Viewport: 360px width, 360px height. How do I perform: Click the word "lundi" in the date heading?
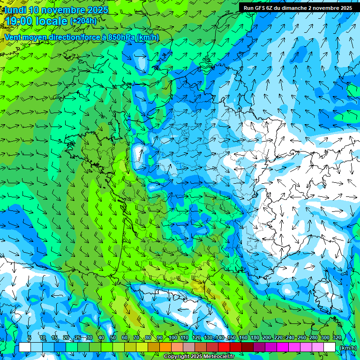[x=15, y=10]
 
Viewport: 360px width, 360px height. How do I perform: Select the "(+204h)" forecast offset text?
[x=83, y=21]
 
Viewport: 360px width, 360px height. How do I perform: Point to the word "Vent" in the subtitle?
[x=13, y=37]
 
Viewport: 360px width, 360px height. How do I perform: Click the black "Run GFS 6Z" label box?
[x=298, y=7]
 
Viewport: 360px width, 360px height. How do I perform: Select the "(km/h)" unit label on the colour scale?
[x=347, y=348]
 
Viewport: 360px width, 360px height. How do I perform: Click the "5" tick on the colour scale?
[x=30, y=338]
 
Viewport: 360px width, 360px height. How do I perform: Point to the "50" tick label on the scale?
[x=113, y=338]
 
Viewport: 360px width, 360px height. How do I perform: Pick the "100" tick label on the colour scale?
[x=173, y=338]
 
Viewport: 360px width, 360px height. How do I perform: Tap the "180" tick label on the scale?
[x=255, y=338]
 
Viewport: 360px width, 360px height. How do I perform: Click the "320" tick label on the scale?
[x=337, y=338]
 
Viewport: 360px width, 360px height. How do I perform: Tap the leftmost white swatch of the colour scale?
[x=25, y=347]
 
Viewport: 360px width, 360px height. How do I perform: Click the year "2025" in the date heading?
[x=98, y=10]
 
